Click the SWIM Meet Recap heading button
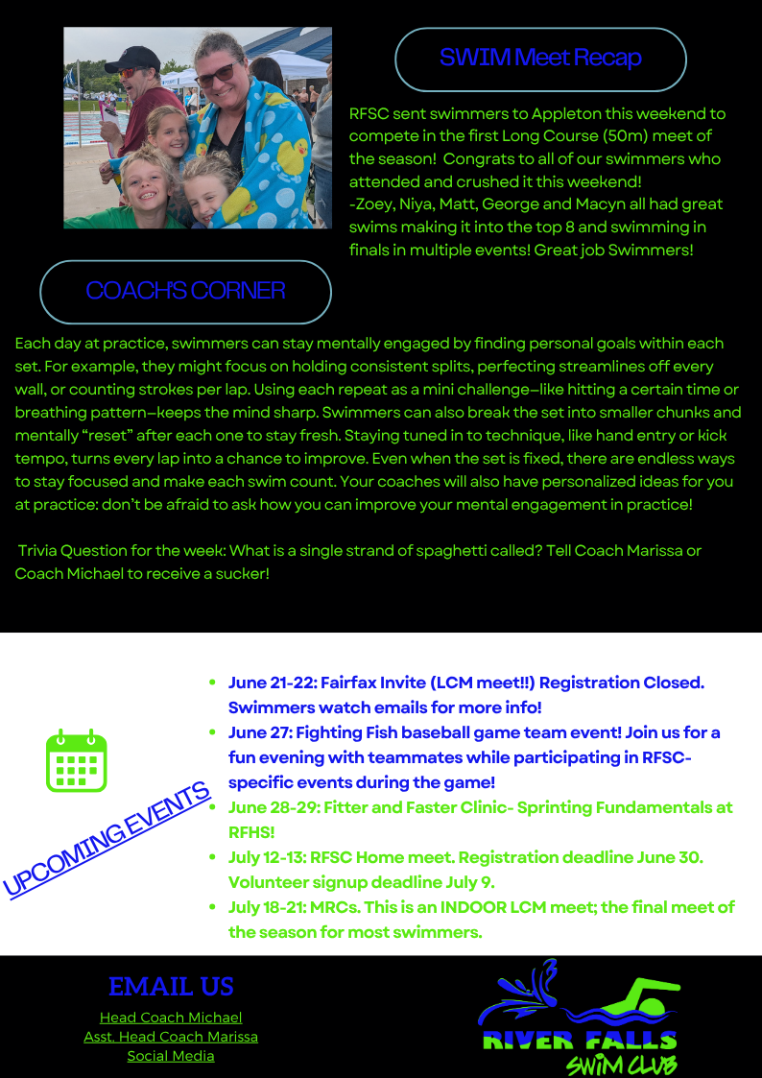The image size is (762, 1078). [x=540, y=59]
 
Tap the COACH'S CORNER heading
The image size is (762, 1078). [x=185, y=291]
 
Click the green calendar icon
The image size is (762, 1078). [x=77, y=761]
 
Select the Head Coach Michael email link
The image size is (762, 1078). [x=171, y=1018]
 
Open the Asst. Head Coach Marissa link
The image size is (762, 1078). [x=171, y=1037]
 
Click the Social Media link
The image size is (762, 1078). [x=171, y=1056]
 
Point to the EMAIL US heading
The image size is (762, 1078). [x=171, y=987]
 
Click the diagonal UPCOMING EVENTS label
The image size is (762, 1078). [x=107, y=838]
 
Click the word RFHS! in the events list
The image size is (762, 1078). [x=251, y=831]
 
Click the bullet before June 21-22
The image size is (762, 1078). [x=212, y=683]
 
